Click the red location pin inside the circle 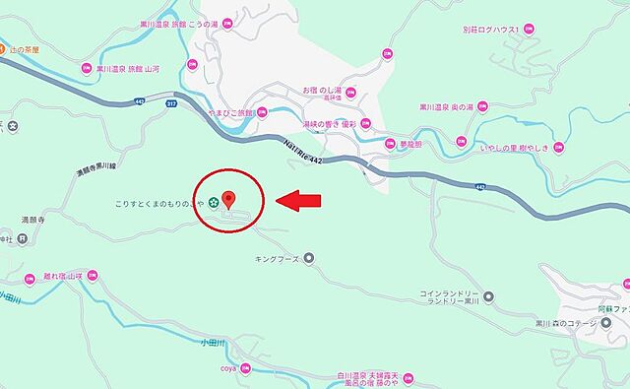coord(229,198)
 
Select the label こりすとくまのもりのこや coord(157,204)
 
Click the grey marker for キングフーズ coord(308,259)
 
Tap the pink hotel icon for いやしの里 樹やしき coord(559,147)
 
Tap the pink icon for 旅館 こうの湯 coord(228,21)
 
